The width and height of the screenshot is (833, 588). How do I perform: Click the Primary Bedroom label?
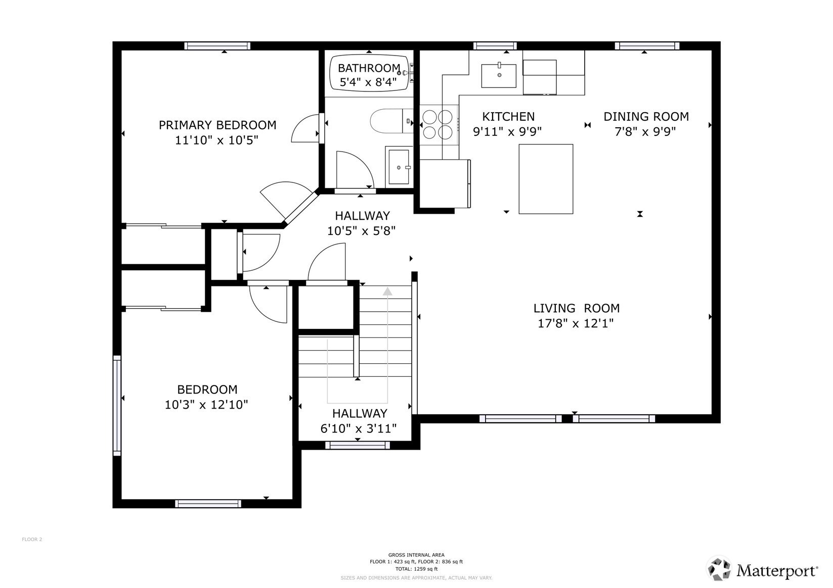217,125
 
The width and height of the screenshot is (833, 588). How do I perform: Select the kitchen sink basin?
499,76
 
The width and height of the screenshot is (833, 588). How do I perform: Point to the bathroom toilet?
391,121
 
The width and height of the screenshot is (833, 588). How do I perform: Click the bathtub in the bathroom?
369,73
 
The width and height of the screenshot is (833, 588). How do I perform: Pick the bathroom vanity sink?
399,167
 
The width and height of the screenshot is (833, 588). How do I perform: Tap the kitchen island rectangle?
546,179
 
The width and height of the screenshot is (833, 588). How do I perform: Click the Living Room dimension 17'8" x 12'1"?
576,323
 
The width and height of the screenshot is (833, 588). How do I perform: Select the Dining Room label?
646,117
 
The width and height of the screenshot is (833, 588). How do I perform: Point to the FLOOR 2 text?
32,540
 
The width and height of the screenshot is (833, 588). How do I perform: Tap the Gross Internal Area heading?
416,555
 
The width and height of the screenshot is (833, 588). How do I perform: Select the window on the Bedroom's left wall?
117,405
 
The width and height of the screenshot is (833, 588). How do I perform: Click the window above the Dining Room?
647,46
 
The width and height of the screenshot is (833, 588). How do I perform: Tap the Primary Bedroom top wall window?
217,46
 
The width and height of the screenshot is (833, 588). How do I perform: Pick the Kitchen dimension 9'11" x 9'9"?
507,131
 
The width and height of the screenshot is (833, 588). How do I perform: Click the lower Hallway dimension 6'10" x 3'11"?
359,429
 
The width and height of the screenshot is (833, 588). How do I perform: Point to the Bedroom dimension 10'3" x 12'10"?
206,405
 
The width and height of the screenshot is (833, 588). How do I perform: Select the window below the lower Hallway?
358,446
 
